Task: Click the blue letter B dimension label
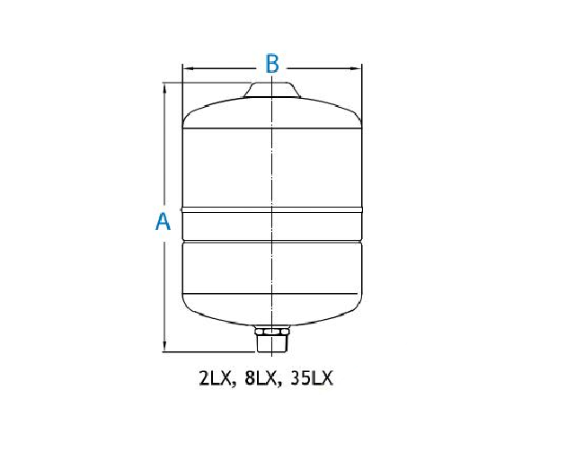point(271,64)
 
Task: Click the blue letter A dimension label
point(163,222)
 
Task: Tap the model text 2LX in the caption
point(216,379)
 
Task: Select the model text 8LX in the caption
point(261,379)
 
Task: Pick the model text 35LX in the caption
point(312,379)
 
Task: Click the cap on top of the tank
point(271,90)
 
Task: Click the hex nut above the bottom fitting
point(271,332)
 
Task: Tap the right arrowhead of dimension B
point(357,68)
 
